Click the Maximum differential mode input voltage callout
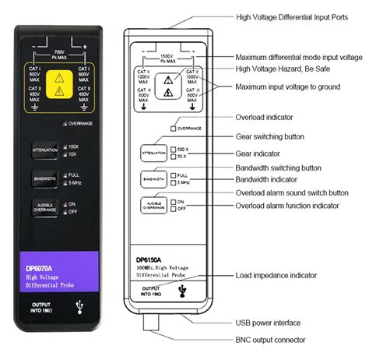click(x=299, y=57)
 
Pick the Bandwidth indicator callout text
click(x=270, y=178)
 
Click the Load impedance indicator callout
click(x=276, y=275)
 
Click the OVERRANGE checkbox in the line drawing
click(x=174, y=127)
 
